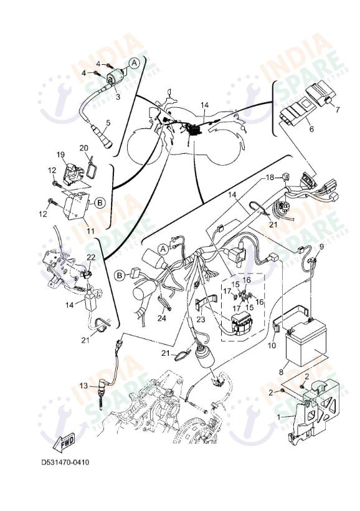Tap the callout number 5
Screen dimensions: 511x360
[108, 122]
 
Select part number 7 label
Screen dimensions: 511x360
[338, 110]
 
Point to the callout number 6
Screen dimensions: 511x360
[312, 130]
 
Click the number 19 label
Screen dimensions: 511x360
[61, 155]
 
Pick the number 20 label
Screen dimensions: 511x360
[84, 148]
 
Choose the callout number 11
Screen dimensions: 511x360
[90, 231]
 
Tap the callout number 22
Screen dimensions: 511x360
[91, 257]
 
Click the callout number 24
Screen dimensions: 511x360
[162, 318]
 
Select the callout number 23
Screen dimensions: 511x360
[201, 319]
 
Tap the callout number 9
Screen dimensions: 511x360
[322, 247]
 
